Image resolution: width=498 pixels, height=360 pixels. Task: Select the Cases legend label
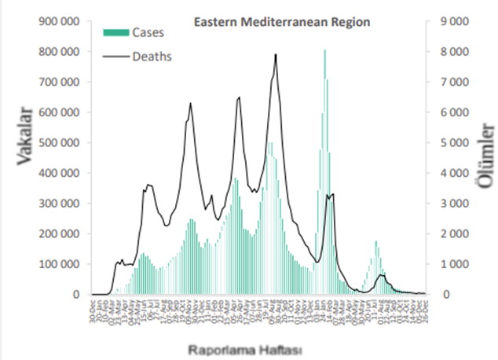coord(148,32)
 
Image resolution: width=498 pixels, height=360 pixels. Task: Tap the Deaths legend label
coord(152,56)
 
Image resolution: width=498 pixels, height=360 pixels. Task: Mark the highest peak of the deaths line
coord(276,54)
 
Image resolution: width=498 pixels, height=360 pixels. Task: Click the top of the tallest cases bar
coord(324,50)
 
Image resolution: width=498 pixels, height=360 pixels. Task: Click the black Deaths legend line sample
coord(115,56)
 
